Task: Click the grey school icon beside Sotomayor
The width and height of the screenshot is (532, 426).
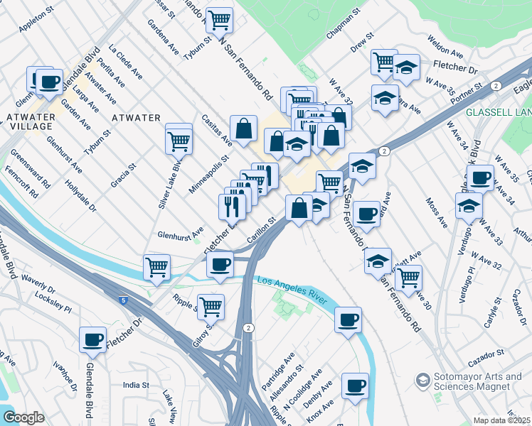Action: (x=423, y=381)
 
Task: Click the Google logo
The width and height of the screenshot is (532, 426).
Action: (x=23, y=417)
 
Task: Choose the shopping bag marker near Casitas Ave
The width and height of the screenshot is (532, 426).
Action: (x=243, y=130)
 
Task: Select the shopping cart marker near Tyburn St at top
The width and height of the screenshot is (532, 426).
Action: (x=219, y=19)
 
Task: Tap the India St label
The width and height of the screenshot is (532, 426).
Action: (x=135, y=385)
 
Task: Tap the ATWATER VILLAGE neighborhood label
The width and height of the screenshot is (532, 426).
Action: (x=29, y=121)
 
